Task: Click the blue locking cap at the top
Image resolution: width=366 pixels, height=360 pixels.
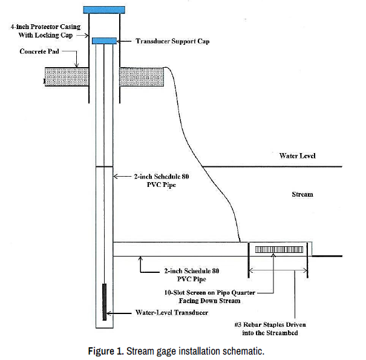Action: pos(104,10)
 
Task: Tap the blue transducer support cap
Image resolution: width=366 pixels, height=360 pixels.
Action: pos(104,41)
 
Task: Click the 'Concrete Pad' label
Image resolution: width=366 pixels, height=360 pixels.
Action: pos(38,52)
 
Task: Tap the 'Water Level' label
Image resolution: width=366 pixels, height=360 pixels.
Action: pos(297,156)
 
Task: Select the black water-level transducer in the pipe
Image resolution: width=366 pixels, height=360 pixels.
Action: pos(104,302)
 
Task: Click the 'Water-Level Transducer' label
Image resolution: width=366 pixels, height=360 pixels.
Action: pos(171,313)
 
